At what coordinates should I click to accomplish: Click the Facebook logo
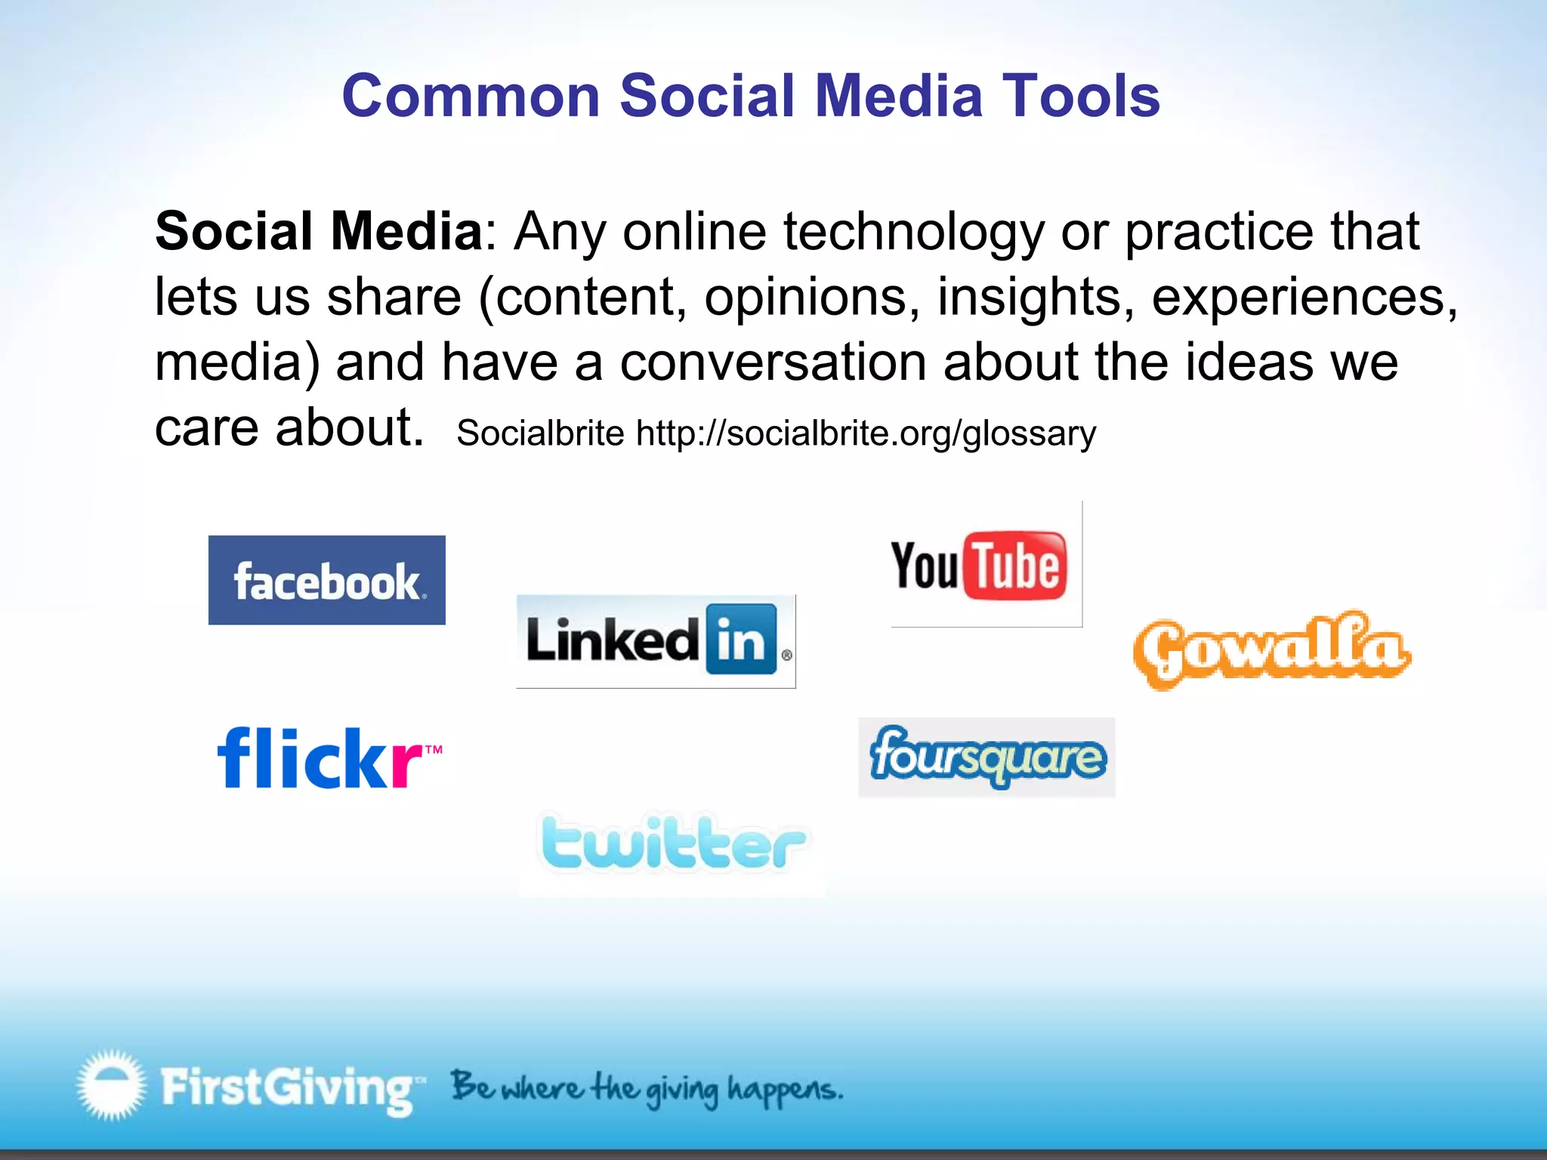pyautogui.click(x=326, y=580)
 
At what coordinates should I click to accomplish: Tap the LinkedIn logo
pyautogui.click(x=656, y=640)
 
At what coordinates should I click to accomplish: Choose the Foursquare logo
pyautogui.click(x=987, y=757)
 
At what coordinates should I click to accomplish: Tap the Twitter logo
pyautogui.click(x=672, y=844)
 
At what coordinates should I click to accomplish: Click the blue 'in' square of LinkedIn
pyautogui.click(x=741, y=640)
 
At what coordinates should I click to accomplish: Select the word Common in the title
pyautogui.click(x=471, y=96)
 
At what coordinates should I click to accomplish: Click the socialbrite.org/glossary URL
pyautogui.click(x=866, y=433)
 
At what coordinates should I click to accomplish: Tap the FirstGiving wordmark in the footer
pyautogui.click(x=287, y=1087)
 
